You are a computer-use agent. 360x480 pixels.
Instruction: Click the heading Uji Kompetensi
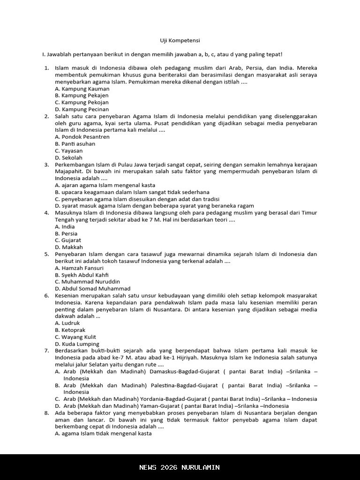point(180,41)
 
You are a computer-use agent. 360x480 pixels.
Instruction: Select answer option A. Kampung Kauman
point(82,89)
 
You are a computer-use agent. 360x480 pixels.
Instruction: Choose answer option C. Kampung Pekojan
point(82,102)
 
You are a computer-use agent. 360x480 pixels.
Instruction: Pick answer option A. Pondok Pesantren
point(82,137)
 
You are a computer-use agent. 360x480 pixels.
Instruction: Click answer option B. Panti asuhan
point(75,144)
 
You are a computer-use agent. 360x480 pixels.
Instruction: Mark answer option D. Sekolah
point(68,158)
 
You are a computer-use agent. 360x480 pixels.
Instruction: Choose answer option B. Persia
point(66,233)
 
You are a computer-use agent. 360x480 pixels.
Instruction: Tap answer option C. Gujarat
point(68,240)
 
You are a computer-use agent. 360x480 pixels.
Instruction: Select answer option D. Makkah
point(68,247)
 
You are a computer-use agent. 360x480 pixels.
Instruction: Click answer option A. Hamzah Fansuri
point(79,268)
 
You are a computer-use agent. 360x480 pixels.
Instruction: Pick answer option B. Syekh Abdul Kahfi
point(82,275)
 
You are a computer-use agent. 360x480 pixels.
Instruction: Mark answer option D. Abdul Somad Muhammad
point(92,289)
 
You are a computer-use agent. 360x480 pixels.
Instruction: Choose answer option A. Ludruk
point(67,323)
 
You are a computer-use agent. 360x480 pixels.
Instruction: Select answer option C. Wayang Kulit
point(75,337)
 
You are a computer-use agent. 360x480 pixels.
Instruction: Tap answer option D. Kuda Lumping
point(77,344)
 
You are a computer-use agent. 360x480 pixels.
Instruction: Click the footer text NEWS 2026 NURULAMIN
point(180,467)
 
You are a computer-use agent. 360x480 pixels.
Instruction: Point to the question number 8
point(46,413)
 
